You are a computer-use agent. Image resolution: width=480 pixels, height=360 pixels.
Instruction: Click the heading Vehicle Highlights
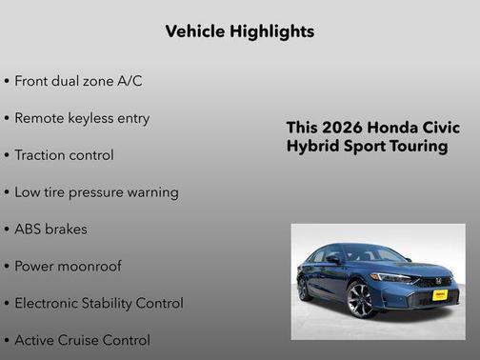point(239,31)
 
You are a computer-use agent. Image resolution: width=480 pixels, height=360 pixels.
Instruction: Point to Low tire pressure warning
point(95,192)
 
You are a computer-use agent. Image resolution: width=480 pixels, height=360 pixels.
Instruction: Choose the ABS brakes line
point(53,230)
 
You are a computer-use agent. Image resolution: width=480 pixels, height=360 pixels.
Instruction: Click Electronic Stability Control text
point(98,304)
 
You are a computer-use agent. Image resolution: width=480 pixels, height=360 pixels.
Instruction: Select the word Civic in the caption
point(442,128)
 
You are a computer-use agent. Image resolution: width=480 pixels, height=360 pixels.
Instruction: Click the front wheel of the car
point(362,300)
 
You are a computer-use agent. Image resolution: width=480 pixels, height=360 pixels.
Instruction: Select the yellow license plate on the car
point(440,296)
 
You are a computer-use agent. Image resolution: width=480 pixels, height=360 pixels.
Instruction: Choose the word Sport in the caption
point(366,147)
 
